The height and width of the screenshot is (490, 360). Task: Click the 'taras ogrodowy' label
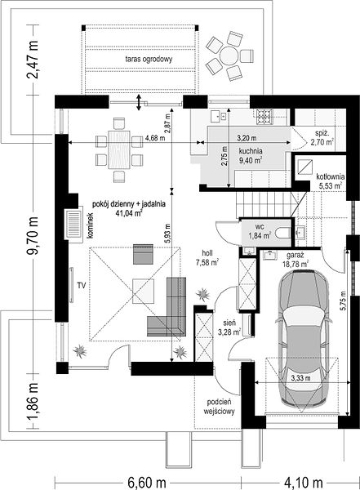click(x=149, y=59)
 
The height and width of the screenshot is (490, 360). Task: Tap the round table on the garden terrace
click(x=229, y=56)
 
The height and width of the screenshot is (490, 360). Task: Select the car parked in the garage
click(x=304, y=339)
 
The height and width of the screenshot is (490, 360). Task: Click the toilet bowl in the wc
click(x=283, y=234)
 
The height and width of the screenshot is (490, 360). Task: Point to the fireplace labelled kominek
click(x=73, y=223)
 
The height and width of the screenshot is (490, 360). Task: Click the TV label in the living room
click(x=82, y=285)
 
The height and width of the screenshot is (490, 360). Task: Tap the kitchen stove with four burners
click(x=264, y=117)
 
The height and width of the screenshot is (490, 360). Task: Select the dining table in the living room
click(x=118, y=149)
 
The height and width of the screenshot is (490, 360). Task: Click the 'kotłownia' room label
click(x=330, y=176)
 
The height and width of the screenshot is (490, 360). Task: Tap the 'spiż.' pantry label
click(x=322, y=133)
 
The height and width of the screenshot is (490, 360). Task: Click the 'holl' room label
click(x=207, y=253)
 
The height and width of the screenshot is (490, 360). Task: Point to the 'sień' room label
click(x=229, y=323)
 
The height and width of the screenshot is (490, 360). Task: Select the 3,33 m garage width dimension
click(x=300, y=378)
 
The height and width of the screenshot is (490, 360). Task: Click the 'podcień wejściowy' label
click(x=219, y=407)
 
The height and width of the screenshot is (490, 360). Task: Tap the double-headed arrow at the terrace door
click(x=139, y=102)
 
